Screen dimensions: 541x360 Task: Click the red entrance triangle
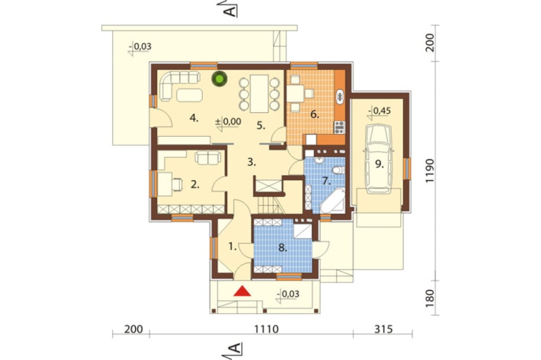[242, 291]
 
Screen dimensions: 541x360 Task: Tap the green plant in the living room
[220, 79]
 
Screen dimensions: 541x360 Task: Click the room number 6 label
[314, 114]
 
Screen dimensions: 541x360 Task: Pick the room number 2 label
[195, 185]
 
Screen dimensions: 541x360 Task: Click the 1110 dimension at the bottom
[266, 329]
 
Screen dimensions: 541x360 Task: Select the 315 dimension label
[384, 329]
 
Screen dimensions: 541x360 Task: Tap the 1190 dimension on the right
[430, 171]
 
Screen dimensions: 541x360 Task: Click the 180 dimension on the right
[430, 298]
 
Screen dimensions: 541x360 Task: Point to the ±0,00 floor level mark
[228, 122]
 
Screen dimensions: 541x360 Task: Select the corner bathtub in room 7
[333, 201]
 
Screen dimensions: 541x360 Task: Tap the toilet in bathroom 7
[339, 170]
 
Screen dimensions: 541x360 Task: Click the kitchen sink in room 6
[340, 97]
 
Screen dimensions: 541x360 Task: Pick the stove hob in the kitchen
[339, 127]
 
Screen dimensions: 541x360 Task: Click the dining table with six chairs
[259, 94]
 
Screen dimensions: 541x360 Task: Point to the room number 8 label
[282, 248]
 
